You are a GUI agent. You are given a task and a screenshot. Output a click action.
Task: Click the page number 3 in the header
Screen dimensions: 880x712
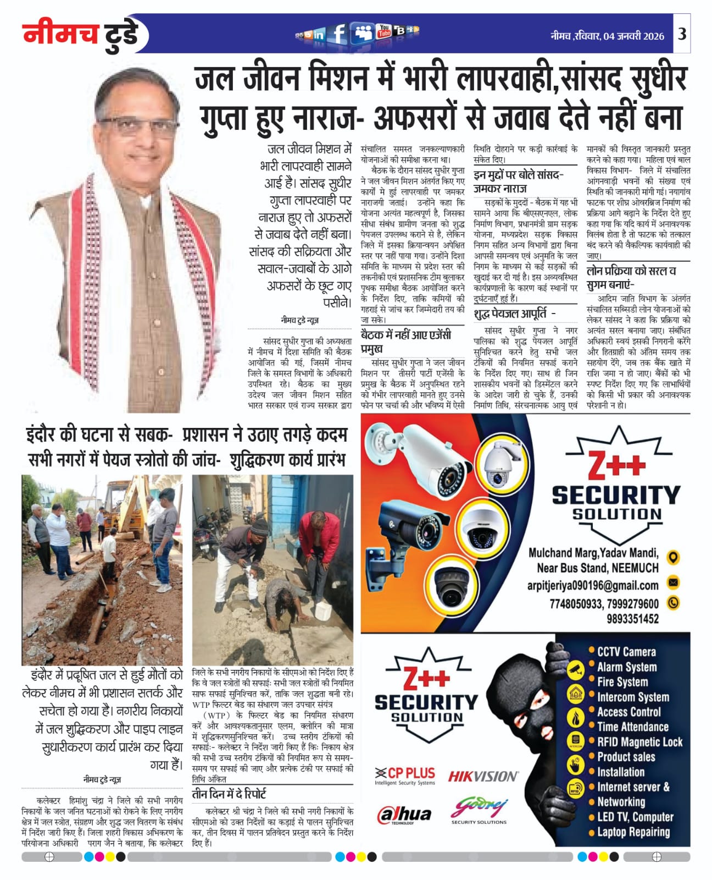pos(682,34)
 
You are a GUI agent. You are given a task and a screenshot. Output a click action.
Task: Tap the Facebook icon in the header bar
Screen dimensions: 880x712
pos(340,34)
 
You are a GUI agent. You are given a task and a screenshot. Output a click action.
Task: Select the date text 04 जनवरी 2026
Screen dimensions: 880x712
pos(633,36)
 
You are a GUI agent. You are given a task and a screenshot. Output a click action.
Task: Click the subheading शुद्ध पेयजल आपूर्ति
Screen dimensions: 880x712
pos(514,313)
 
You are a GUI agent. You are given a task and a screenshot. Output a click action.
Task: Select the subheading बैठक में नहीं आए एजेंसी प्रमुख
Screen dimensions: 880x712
pos(405,341)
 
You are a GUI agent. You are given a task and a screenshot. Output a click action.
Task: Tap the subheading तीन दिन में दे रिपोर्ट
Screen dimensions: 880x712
pos(229,794)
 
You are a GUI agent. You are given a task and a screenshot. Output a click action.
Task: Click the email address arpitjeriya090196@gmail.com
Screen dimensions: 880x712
pos(593,585)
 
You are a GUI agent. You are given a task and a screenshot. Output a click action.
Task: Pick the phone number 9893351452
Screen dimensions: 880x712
pos(632,619)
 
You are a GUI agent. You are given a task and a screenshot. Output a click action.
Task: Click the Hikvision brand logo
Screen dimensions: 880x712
pos(483,776)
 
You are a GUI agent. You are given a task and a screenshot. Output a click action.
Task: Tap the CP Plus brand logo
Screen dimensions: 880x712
pos(405,775)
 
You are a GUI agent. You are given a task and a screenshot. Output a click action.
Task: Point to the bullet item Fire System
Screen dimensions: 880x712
pos(622,682)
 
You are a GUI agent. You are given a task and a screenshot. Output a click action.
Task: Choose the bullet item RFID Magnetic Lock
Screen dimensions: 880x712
pos(639,742)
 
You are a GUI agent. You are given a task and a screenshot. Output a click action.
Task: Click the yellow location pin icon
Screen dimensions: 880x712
pos(673,557)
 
